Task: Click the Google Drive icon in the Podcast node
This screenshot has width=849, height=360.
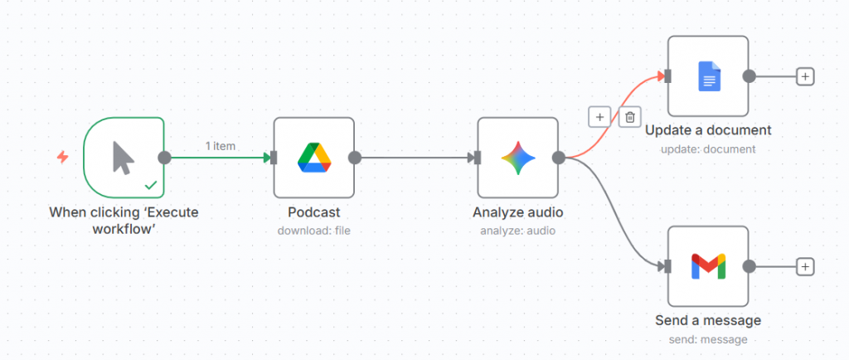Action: [314, 158]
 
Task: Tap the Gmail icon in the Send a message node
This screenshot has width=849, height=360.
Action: [708, 266]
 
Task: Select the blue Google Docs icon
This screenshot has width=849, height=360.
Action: [710, 76]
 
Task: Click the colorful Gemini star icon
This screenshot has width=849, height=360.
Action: [518, 158]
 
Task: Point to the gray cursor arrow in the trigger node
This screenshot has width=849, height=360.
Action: [124, 158]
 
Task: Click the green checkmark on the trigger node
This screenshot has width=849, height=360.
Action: [151, 186]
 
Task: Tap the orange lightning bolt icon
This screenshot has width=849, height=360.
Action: [63, 158]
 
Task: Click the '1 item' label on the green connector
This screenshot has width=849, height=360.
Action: [221, 146]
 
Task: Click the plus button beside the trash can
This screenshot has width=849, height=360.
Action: [599, 116]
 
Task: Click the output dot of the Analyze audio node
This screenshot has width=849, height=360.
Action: [559, 158]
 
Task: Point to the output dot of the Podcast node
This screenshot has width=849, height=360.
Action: [355, 158]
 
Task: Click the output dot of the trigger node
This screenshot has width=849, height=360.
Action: [164, 158]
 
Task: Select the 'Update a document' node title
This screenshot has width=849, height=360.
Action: [708, 130]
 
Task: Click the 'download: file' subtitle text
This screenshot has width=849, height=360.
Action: [314, 231]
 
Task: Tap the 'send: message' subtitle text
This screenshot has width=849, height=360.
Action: [708, 339]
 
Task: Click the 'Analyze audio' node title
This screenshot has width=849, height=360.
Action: [518, 212]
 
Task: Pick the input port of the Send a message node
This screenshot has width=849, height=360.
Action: [667, 266]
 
